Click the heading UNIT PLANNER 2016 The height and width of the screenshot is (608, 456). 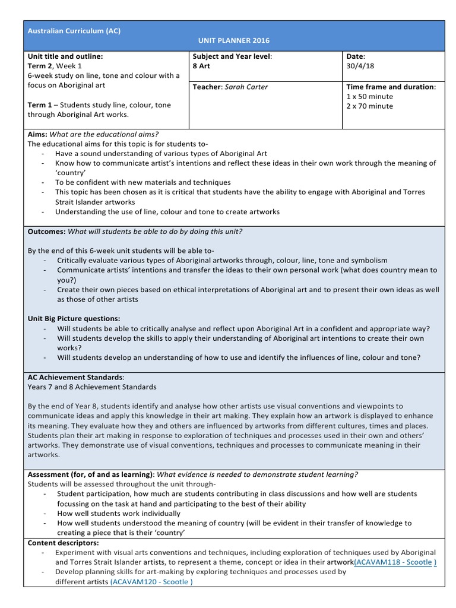tap(233, 41)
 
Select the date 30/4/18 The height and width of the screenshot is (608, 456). tap(360, 66)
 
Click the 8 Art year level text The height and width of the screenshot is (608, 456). tap(201, 66)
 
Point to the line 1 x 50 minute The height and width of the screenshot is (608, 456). tap(369, 96)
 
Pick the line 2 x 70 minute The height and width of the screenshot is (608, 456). tap(369, 106)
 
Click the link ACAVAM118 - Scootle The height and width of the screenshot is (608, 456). tap(394, 562)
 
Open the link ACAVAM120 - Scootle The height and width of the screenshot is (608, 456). tap(151, 582)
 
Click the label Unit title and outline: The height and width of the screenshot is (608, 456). tap(65, 56)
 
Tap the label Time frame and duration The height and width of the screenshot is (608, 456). tap(391, 87)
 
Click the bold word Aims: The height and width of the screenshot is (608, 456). tap(37, 134)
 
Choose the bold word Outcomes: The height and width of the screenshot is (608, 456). tap(47, 232)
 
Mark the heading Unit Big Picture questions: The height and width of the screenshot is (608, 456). tap(74, 319)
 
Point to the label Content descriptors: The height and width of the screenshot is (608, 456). tap(64, 543)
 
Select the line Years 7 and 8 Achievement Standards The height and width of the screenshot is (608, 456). tap(92, 387)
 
